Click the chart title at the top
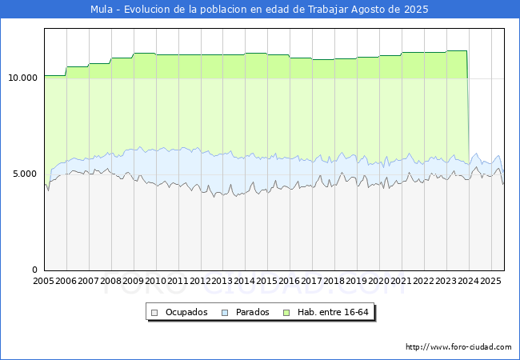tap(259, 10)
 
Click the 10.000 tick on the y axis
tap(22, 78)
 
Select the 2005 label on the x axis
tap(44, 281)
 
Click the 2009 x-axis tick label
tap(134, 281)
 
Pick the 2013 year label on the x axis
tap(222, 281)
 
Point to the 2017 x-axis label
tap(312, 281)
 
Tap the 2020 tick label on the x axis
tap(379, 281)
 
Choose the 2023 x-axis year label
tap(446, 281)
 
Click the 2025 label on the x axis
tap(490, 281)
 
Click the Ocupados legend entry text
tap(186, 312)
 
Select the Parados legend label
tap(252, 312)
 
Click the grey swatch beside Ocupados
tap(155, 312)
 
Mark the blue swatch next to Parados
tap(225, 312)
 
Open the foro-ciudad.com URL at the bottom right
tap(458, 347)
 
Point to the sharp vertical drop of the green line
tap(468, 112)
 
